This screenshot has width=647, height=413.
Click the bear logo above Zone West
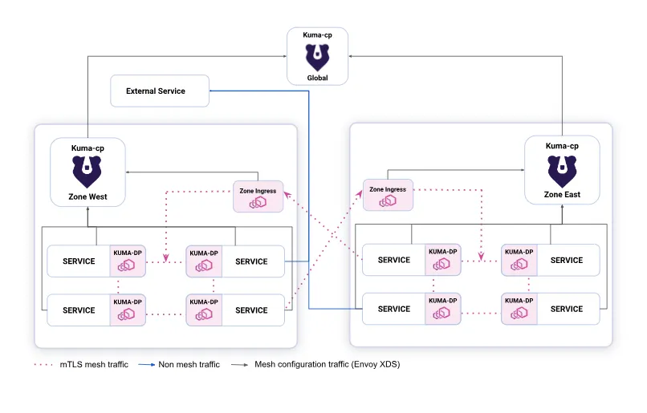point(88,170)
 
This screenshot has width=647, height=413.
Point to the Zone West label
point(88,196)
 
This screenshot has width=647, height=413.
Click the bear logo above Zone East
point(562,170)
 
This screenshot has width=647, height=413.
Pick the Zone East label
point(562,195)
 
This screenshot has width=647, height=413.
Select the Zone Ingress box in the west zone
point(258,196)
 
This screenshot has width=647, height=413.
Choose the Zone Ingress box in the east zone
point(388,195)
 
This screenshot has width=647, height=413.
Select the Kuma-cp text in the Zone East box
point(562,146)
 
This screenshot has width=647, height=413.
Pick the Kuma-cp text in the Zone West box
point(88,148)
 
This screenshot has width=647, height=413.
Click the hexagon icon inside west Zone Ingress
point(258,202)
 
